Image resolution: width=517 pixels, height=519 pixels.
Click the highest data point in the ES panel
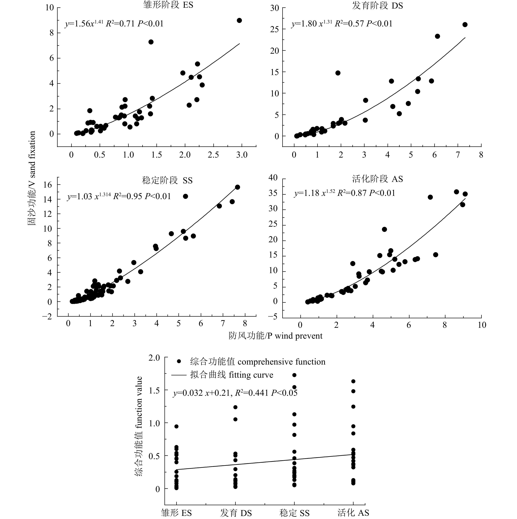point(239,20)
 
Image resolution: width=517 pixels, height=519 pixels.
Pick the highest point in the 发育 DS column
point(235,407)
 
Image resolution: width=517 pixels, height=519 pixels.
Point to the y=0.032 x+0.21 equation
point(235,393)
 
